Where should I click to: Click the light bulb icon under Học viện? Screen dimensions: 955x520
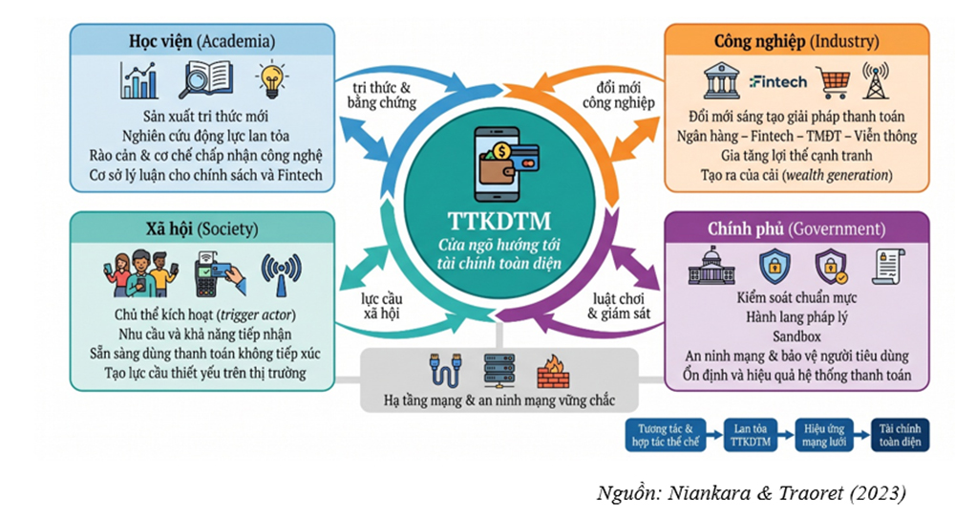(271, 79)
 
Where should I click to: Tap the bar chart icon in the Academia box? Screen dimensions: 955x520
(139, 80)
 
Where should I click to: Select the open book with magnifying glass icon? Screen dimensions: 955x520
(205, 80)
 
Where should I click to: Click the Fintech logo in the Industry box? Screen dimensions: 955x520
(777, 81)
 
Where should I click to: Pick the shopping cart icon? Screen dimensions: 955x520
(833, 82)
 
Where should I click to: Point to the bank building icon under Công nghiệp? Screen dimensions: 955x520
(722, 80)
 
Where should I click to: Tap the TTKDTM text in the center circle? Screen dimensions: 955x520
(499, 221)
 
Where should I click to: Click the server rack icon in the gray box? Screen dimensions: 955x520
(499, 371)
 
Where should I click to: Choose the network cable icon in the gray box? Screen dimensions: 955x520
(445, 369)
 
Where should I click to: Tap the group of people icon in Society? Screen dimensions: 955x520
(141, 273)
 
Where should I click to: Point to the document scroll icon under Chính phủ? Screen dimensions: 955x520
(888, 267)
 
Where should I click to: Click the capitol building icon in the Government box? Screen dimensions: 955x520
(711, 266)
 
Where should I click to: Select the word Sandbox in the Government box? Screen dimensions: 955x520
(796, 336)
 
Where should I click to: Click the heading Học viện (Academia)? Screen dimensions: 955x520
(202, 41)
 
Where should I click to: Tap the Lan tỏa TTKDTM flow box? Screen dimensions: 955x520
(751, 435)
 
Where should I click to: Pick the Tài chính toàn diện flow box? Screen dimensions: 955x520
(901, 435)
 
